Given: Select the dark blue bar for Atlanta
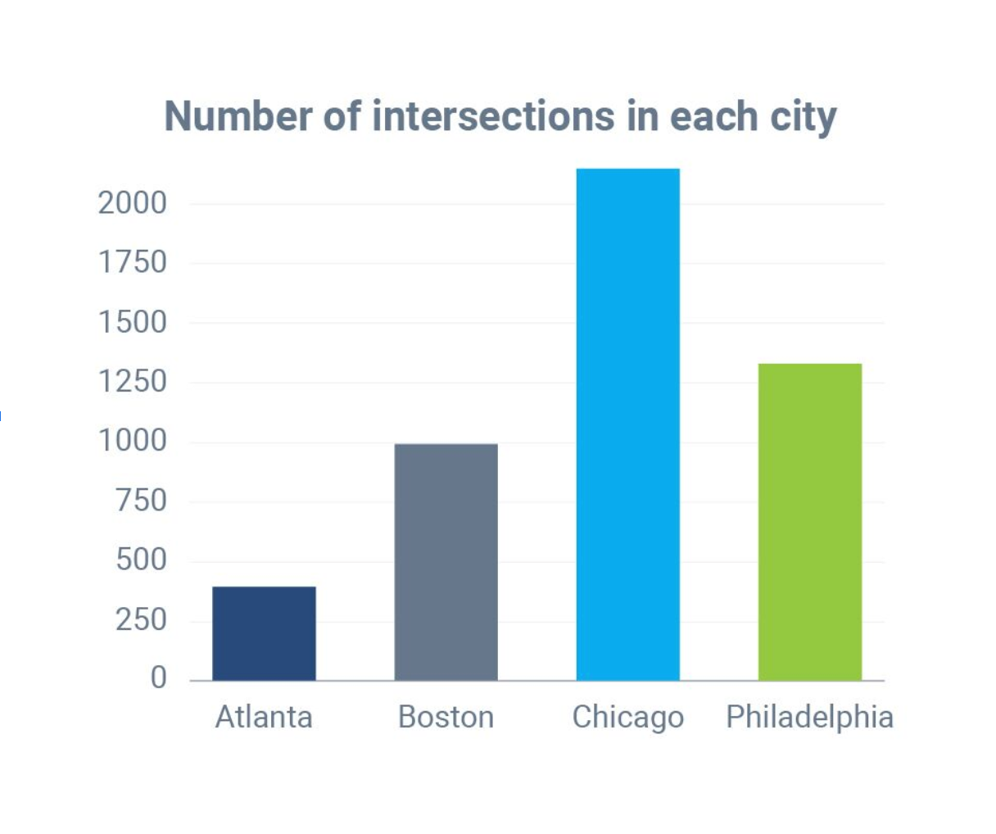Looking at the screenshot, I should (264, 633).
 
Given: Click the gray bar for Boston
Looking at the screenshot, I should (446, 562).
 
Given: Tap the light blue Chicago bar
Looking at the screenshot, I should (627, 424).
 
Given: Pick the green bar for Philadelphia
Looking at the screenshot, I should (809, 522).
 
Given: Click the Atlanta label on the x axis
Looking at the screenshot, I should (264, 717).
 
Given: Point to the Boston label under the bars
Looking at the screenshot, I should (446, 717).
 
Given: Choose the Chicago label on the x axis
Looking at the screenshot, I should (627, 718).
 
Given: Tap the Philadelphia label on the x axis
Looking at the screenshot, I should (809, 717).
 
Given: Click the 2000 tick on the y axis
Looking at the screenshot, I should (133, 203).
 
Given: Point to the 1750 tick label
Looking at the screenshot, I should (133, 263).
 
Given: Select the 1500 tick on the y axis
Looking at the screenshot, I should (133, 323).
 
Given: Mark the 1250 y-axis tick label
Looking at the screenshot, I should (133, 382).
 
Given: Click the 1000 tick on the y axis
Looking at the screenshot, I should (133, 442).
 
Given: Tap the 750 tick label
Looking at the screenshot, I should (141, 501).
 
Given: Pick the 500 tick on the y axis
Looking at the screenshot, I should (141, 560).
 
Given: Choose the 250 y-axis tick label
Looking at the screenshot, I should (141, 620).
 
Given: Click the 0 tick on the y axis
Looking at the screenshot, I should (158, 678).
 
